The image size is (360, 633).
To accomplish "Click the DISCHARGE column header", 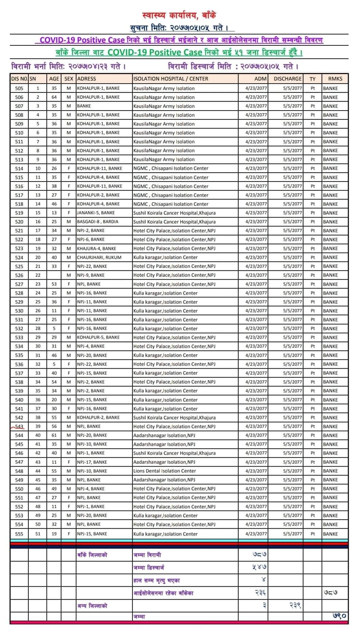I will coord(287,78).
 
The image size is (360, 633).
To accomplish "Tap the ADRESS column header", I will coord(87,78).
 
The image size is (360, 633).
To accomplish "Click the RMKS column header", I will coord(335,78).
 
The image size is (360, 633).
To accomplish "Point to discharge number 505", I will coord(19,88).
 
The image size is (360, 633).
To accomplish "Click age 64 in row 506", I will coord(54,97).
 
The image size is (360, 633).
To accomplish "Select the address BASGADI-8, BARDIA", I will coord(98,222).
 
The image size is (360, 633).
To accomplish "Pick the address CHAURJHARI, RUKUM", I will coord(99,257).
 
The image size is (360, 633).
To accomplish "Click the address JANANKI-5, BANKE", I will coord(96,213).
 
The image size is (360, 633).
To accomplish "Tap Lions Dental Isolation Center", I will coord(164,471).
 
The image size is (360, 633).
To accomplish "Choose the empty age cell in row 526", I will coord(54,275).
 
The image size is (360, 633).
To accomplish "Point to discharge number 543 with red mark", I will coord(19,426).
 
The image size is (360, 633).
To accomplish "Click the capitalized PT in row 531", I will coord(313,320).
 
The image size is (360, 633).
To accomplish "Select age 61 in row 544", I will coord(54,435).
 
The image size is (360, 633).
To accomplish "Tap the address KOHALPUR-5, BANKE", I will coord(98,337).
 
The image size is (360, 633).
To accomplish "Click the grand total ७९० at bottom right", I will coord(339,616).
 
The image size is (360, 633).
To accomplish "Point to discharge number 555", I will coord(19,534).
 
